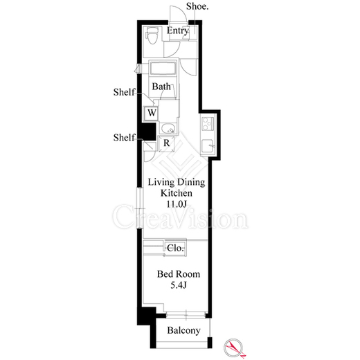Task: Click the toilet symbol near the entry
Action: tap(152, 35)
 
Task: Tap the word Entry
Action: tap(178, 30)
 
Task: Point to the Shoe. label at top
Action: tap(197, 6)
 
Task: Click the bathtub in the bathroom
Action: tap(163, 68)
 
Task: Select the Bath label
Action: tap(161, 87)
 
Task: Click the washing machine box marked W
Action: tap(152, 113)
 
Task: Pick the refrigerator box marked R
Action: tap(166, 143)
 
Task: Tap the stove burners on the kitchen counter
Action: tap(208, 124)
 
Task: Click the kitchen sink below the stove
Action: tap(208, 146)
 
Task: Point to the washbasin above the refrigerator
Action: tap(168, 129)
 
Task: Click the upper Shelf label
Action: tap(124, 92)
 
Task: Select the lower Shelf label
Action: tap(124, 138)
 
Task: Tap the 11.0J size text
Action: tap(177, 204)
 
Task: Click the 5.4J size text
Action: tap(178, 285)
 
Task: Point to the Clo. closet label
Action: tap(175, 248)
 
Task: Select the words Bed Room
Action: tap(179, 274)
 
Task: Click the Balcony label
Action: tap(183, 330)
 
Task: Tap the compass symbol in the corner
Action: tap(233, 348)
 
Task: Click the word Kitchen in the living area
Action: tap(177, 193)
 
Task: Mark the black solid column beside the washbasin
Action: tap(148, 132)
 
